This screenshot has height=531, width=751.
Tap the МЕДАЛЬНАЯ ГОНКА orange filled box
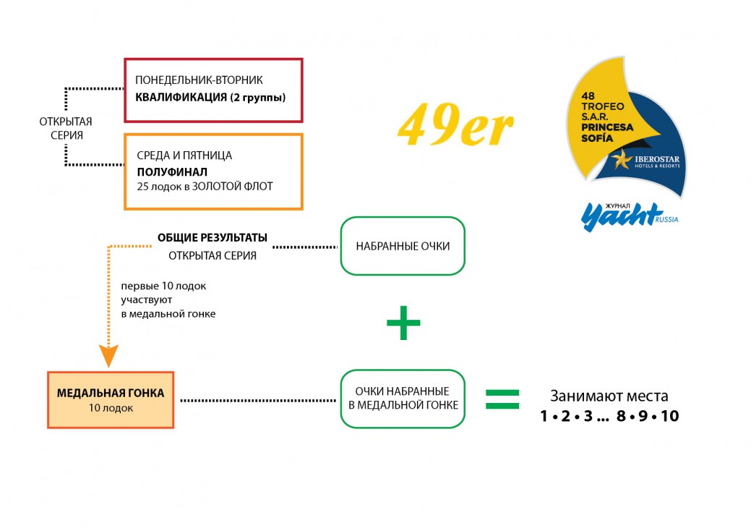[111, 399]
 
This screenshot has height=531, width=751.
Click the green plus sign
[403, 323]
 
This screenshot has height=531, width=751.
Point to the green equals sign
[502, 399]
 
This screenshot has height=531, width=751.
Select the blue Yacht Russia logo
[630, 216]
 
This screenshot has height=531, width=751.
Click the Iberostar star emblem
[622, 159]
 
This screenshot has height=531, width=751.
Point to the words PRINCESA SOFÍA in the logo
[607, 133]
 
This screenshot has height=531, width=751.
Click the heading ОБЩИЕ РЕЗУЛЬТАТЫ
[213, 238]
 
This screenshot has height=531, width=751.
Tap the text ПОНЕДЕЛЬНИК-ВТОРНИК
[199, 80]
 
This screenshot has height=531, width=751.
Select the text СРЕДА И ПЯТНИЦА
[184, 156]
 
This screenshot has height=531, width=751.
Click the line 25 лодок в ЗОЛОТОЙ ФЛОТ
[205, 187]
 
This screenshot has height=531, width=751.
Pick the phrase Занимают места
[609, 396]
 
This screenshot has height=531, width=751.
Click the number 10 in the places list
[670, 416]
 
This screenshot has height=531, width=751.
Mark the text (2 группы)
[257, 98]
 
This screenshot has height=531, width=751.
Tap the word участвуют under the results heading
[147, 300]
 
